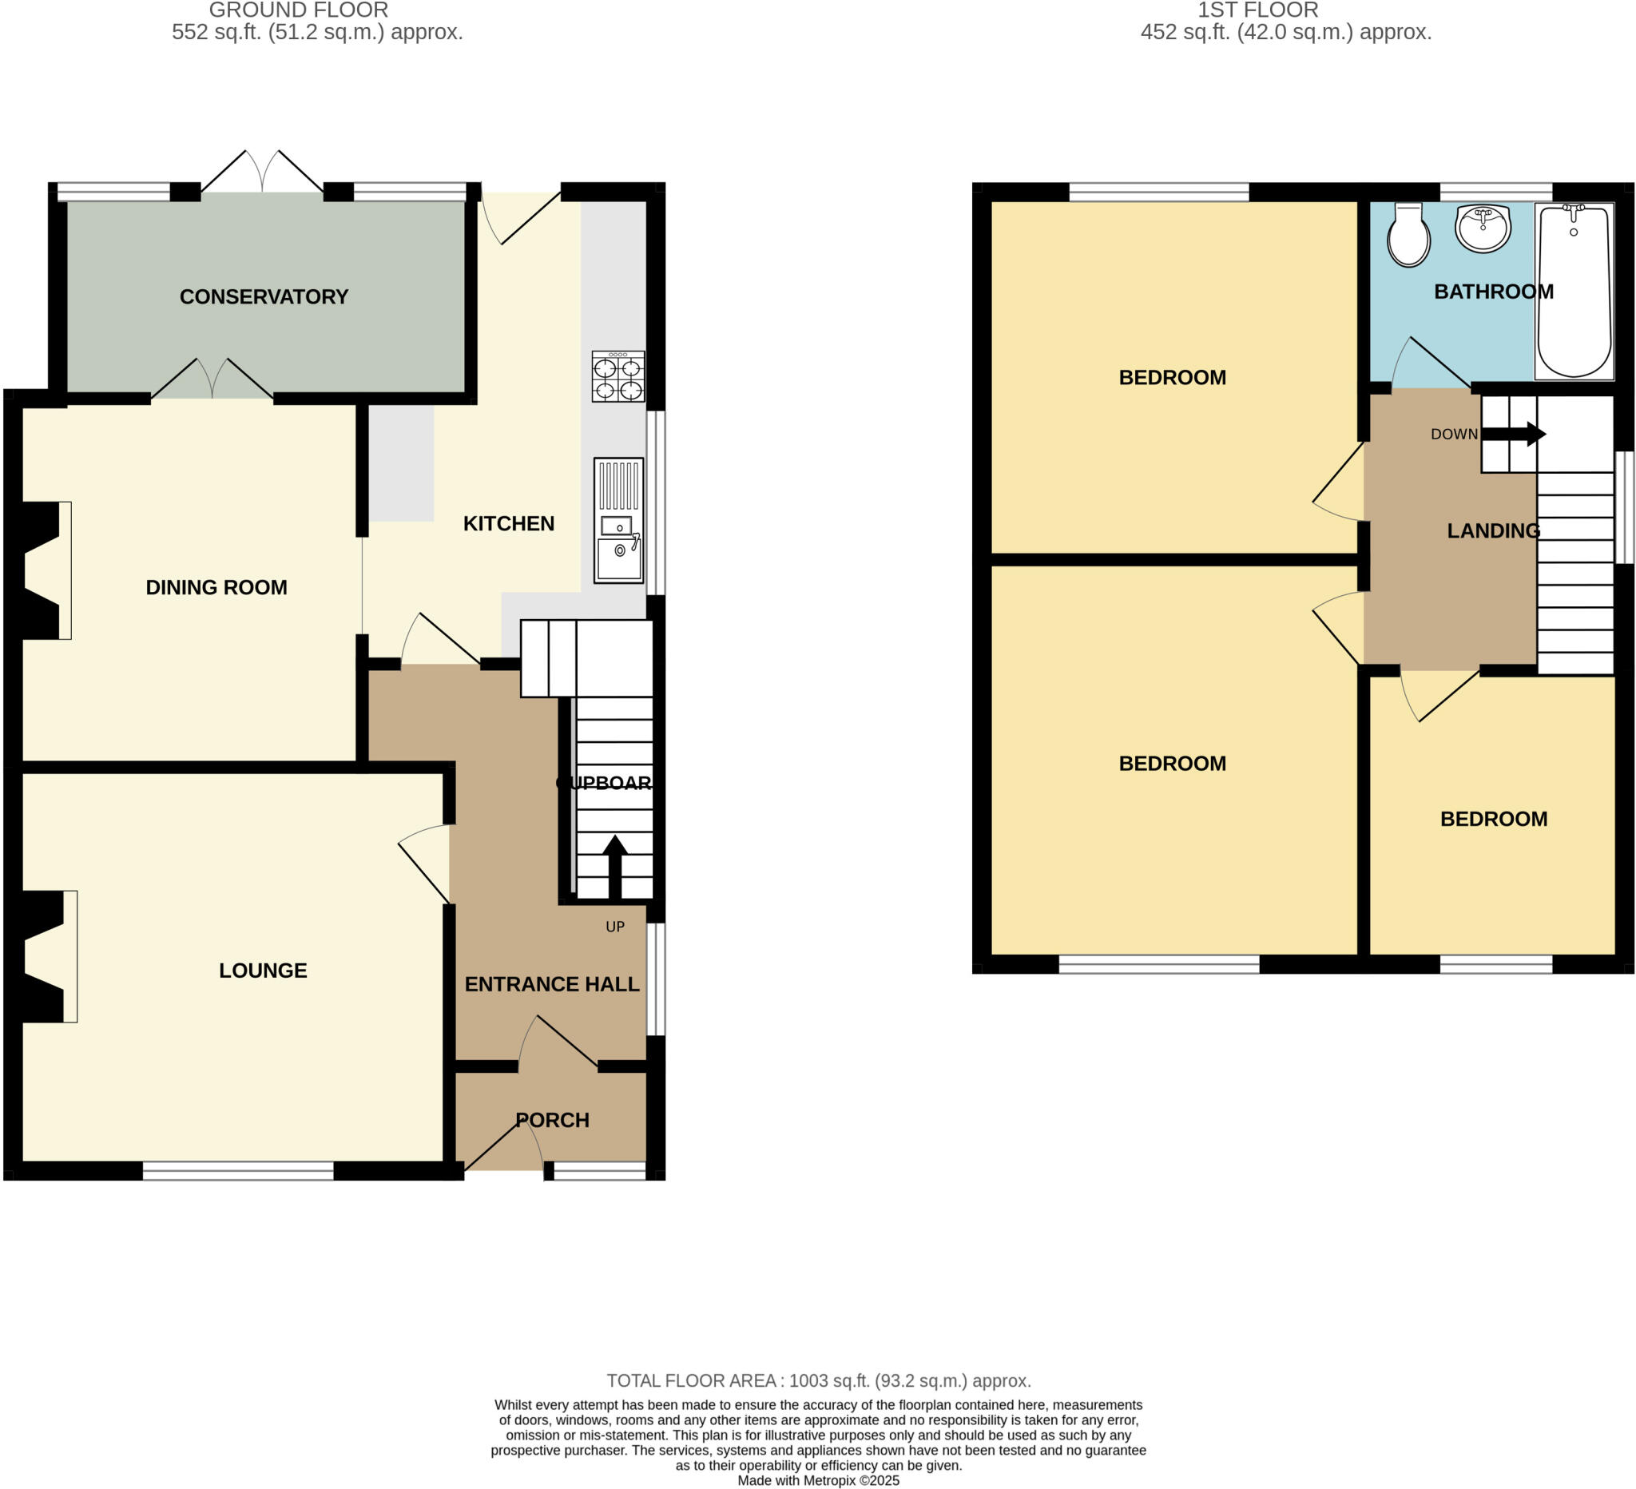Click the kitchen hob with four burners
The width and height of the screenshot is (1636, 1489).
(617, 376)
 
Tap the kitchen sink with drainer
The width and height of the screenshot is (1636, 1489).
(618, 520)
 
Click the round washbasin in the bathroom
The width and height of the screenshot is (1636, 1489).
(1483, 228)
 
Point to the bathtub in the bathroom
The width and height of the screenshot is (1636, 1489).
(1574, 291)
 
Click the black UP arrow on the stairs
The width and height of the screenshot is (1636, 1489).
(615, 865)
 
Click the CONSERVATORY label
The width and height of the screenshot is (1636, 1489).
(264, 297)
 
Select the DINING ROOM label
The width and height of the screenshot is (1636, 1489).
(216, 587)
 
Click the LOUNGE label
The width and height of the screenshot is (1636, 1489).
(263, 971)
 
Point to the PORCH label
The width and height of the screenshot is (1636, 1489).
(553, 1121)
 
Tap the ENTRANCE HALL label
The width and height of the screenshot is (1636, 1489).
(552, 984)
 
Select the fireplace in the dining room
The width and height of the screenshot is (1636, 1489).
(43, 570)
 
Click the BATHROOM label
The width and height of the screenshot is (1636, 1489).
(1493, 292)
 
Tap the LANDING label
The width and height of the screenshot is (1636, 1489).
(1493, 530)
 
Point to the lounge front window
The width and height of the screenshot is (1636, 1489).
(238, 1170)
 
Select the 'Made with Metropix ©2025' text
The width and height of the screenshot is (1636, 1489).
(818, 1481)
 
